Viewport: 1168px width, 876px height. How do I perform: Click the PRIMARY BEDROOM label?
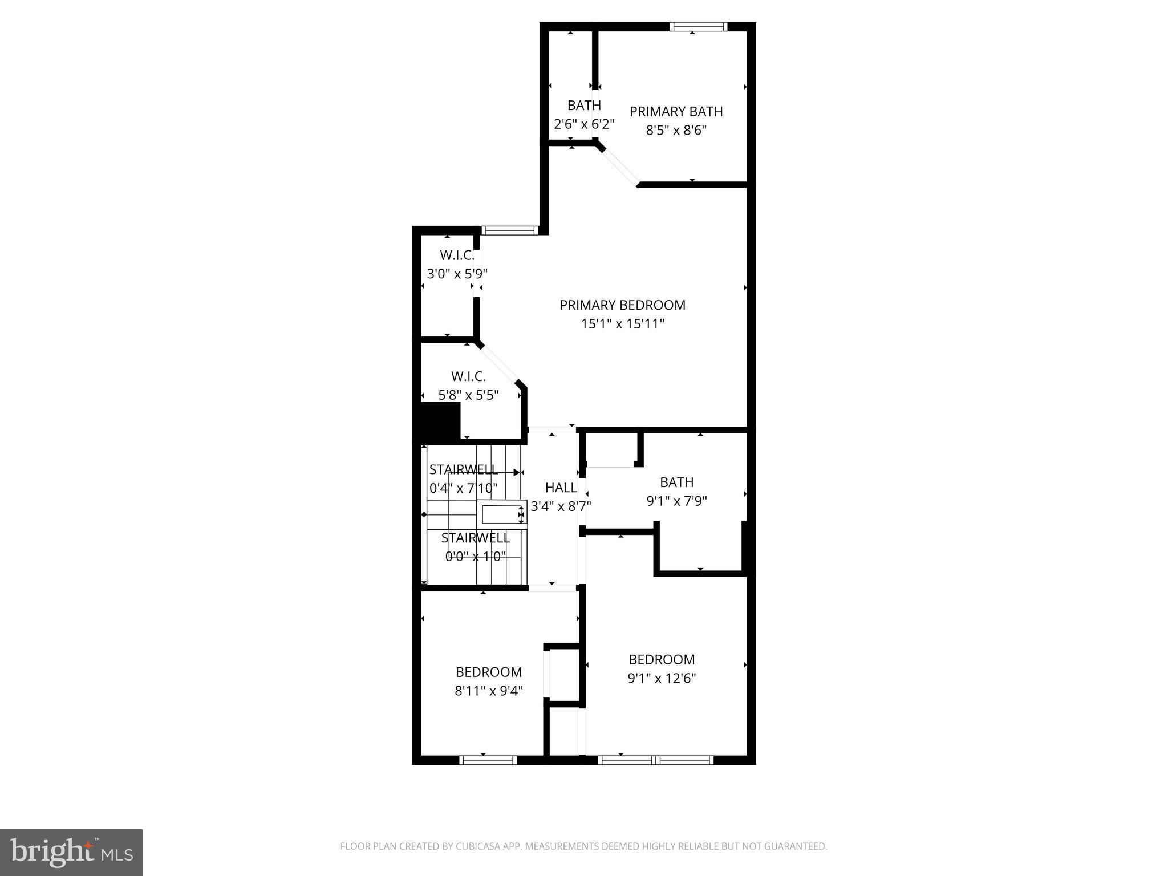(x=622, y=305)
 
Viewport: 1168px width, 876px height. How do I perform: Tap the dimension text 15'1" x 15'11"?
(x=622, y=325)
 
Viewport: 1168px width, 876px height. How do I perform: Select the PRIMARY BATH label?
(x=676, y=112)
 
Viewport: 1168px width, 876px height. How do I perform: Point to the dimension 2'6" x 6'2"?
(x=584, y=124)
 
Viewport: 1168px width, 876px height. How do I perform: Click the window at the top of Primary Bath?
(x=698, y=26)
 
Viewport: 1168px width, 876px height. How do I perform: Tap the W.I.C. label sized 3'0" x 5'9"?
(x=457, y=255)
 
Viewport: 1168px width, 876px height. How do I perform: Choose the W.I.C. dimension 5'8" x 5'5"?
(x=468, y=395)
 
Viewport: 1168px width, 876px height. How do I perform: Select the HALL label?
(x=561, y=488)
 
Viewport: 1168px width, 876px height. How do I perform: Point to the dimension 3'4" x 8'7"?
(x=561, y=506)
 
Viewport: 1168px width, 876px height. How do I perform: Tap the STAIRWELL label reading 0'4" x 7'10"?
(x=463, y=469)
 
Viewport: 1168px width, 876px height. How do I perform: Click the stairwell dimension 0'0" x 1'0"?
(x=476, y=557)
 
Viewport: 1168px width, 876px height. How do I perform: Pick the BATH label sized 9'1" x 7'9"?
(x=676, y=482)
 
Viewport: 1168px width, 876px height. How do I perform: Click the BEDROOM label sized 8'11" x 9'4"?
(x=489, y=672)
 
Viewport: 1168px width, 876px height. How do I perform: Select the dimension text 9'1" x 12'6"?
(x=662, y=679)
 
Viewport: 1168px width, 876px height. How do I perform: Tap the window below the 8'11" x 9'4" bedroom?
(x=488, y=760)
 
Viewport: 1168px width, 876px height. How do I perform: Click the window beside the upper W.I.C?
(x=509, y=230)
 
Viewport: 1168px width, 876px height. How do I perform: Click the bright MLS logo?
(x=71, y=852)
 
